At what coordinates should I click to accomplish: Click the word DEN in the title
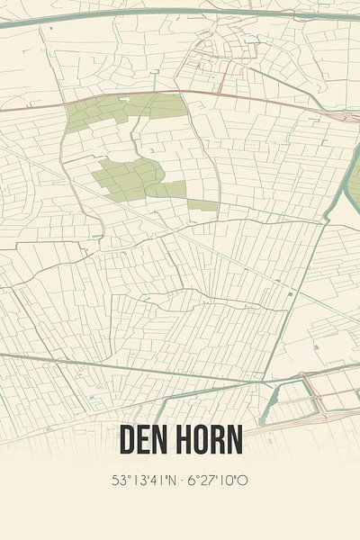146,440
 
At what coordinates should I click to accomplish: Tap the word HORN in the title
209,440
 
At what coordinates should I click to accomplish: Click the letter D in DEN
127,440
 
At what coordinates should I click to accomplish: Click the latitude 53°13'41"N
143,480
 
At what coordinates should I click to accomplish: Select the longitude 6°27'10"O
217,480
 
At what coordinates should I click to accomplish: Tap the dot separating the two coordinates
179,480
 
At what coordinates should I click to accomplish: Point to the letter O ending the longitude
243,480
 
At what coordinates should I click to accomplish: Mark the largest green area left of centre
126,177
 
